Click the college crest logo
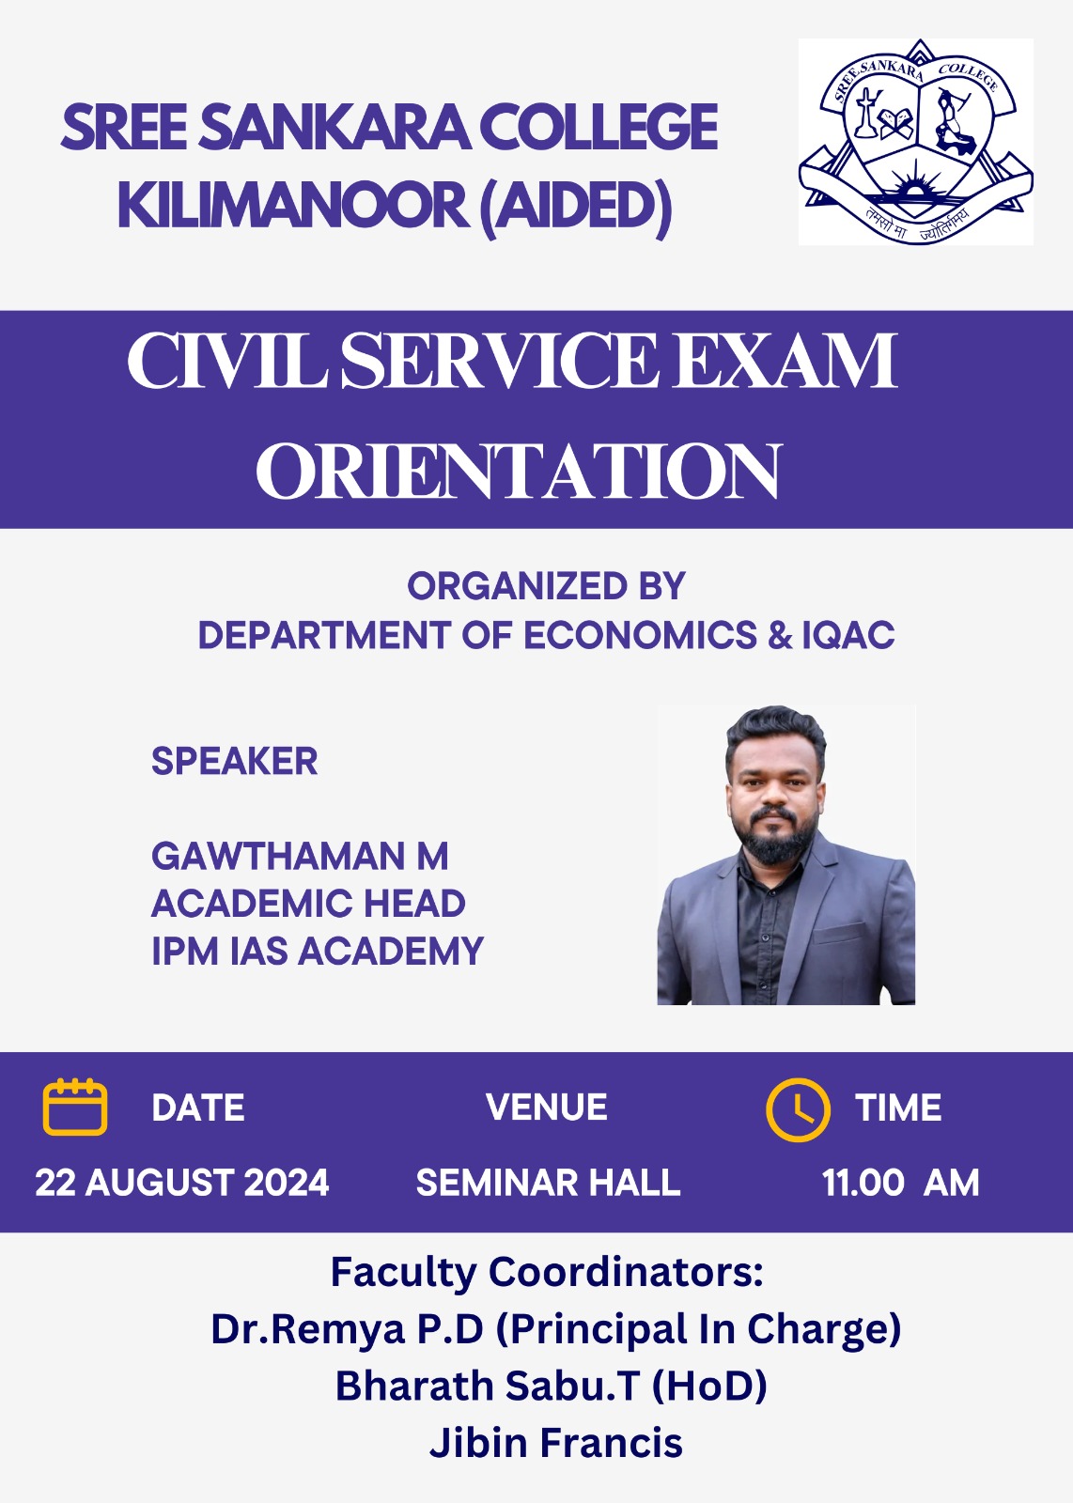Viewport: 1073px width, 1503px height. point(915,142)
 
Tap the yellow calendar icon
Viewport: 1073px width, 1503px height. point(75,1107)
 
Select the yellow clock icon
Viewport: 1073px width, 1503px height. point(798,1109)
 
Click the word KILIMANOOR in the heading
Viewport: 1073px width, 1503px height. point(294,205)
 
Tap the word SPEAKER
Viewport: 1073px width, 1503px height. point(234,761)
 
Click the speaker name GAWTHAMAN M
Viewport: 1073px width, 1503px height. point(300,856)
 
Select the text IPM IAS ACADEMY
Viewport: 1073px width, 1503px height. point(318,951)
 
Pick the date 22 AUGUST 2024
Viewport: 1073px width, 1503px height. point(182,1183)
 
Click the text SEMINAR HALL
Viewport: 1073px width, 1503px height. point(548,1183)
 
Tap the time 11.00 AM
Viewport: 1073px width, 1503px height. point(900,1183)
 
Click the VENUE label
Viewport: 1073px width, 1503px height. point(547,1108)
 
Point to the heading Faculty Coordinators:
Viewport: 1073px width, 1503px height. point(547,1273)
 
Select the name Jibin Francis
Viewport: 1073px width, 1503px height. point(556,1443)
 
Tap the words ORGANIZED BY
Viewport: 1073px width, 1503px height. point(546,586)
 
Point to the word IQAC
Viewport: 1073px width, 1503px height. point(848,635)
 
